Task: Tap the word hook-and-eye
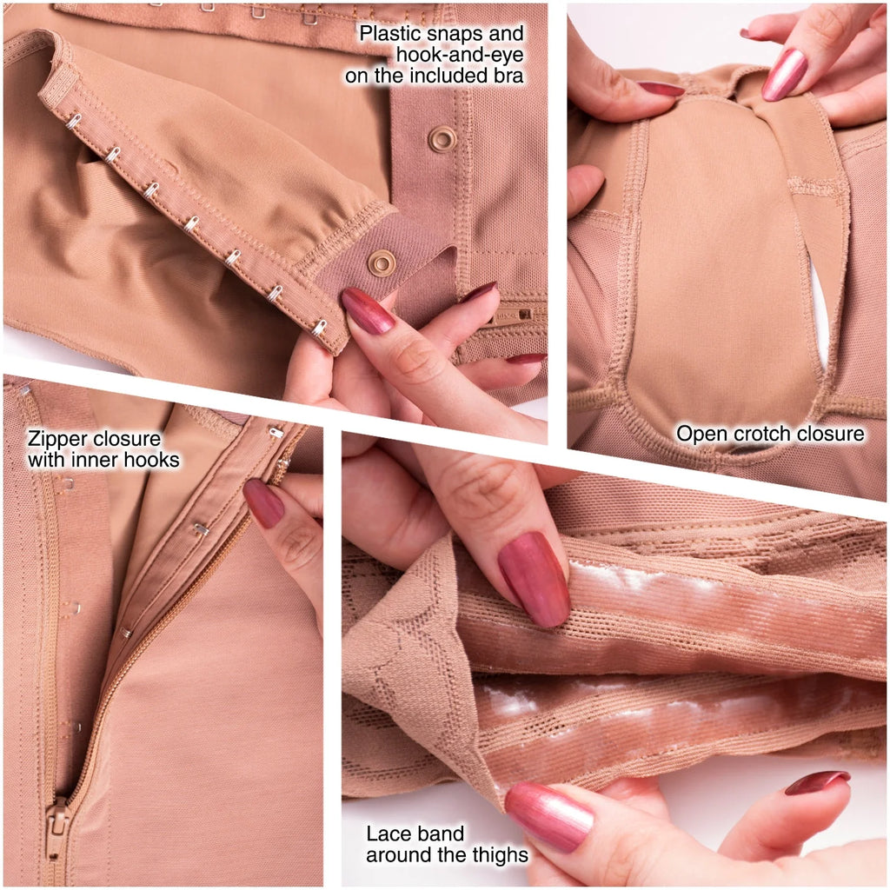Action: point(459,55)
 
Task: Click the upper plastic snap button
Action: point(442,139)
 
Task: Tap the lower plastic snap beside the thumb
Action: point(382,263)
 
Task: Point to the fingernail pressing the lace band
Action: point(534,580)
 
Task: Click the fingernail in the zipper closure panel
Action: point(263,503)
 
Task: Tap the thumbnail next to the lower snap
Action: point(368,311)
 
